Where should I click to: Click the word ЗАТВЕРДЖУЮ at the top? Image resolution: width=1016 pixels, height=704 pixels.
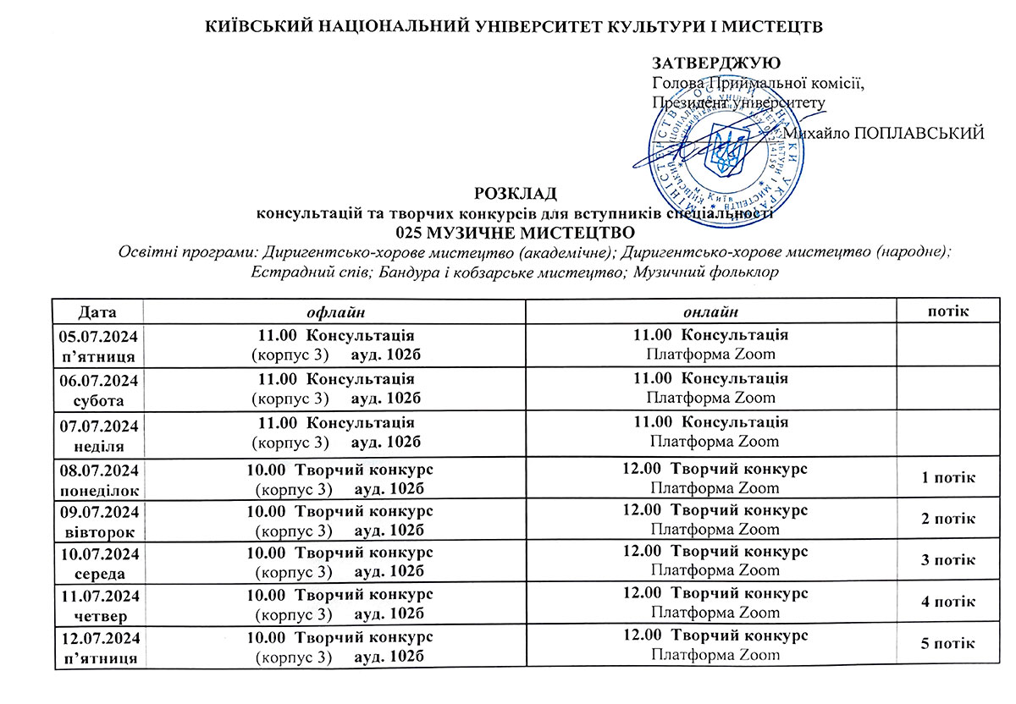715,63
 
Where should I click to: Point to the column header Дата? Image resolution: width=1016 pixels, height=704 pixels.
98,311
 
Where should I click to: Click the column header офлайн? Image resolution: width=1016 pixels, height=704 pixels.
334,312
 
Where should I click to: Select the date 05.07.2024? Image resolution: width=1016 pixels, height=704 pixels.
98,336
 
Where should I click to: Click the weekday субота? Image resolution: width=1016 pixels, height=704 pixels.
98,399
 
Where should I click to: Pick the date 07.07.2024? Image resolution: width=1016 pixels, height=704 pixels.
98,424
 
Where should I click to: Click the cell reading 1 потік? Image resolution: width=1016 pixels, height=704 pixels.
948,479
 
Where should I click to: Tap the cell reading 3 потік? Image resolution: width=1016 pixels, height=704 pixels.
948,560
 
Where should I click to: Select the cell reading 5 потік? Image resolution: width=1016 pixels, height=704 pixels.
948,644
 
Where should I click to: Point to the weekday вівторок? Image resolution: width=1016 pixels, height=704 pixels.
98,531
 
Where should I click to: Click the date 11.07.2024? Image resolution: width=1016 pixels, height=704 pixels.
98,595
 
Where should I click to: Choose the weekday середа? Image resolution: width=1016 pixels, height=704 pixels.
98,572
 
